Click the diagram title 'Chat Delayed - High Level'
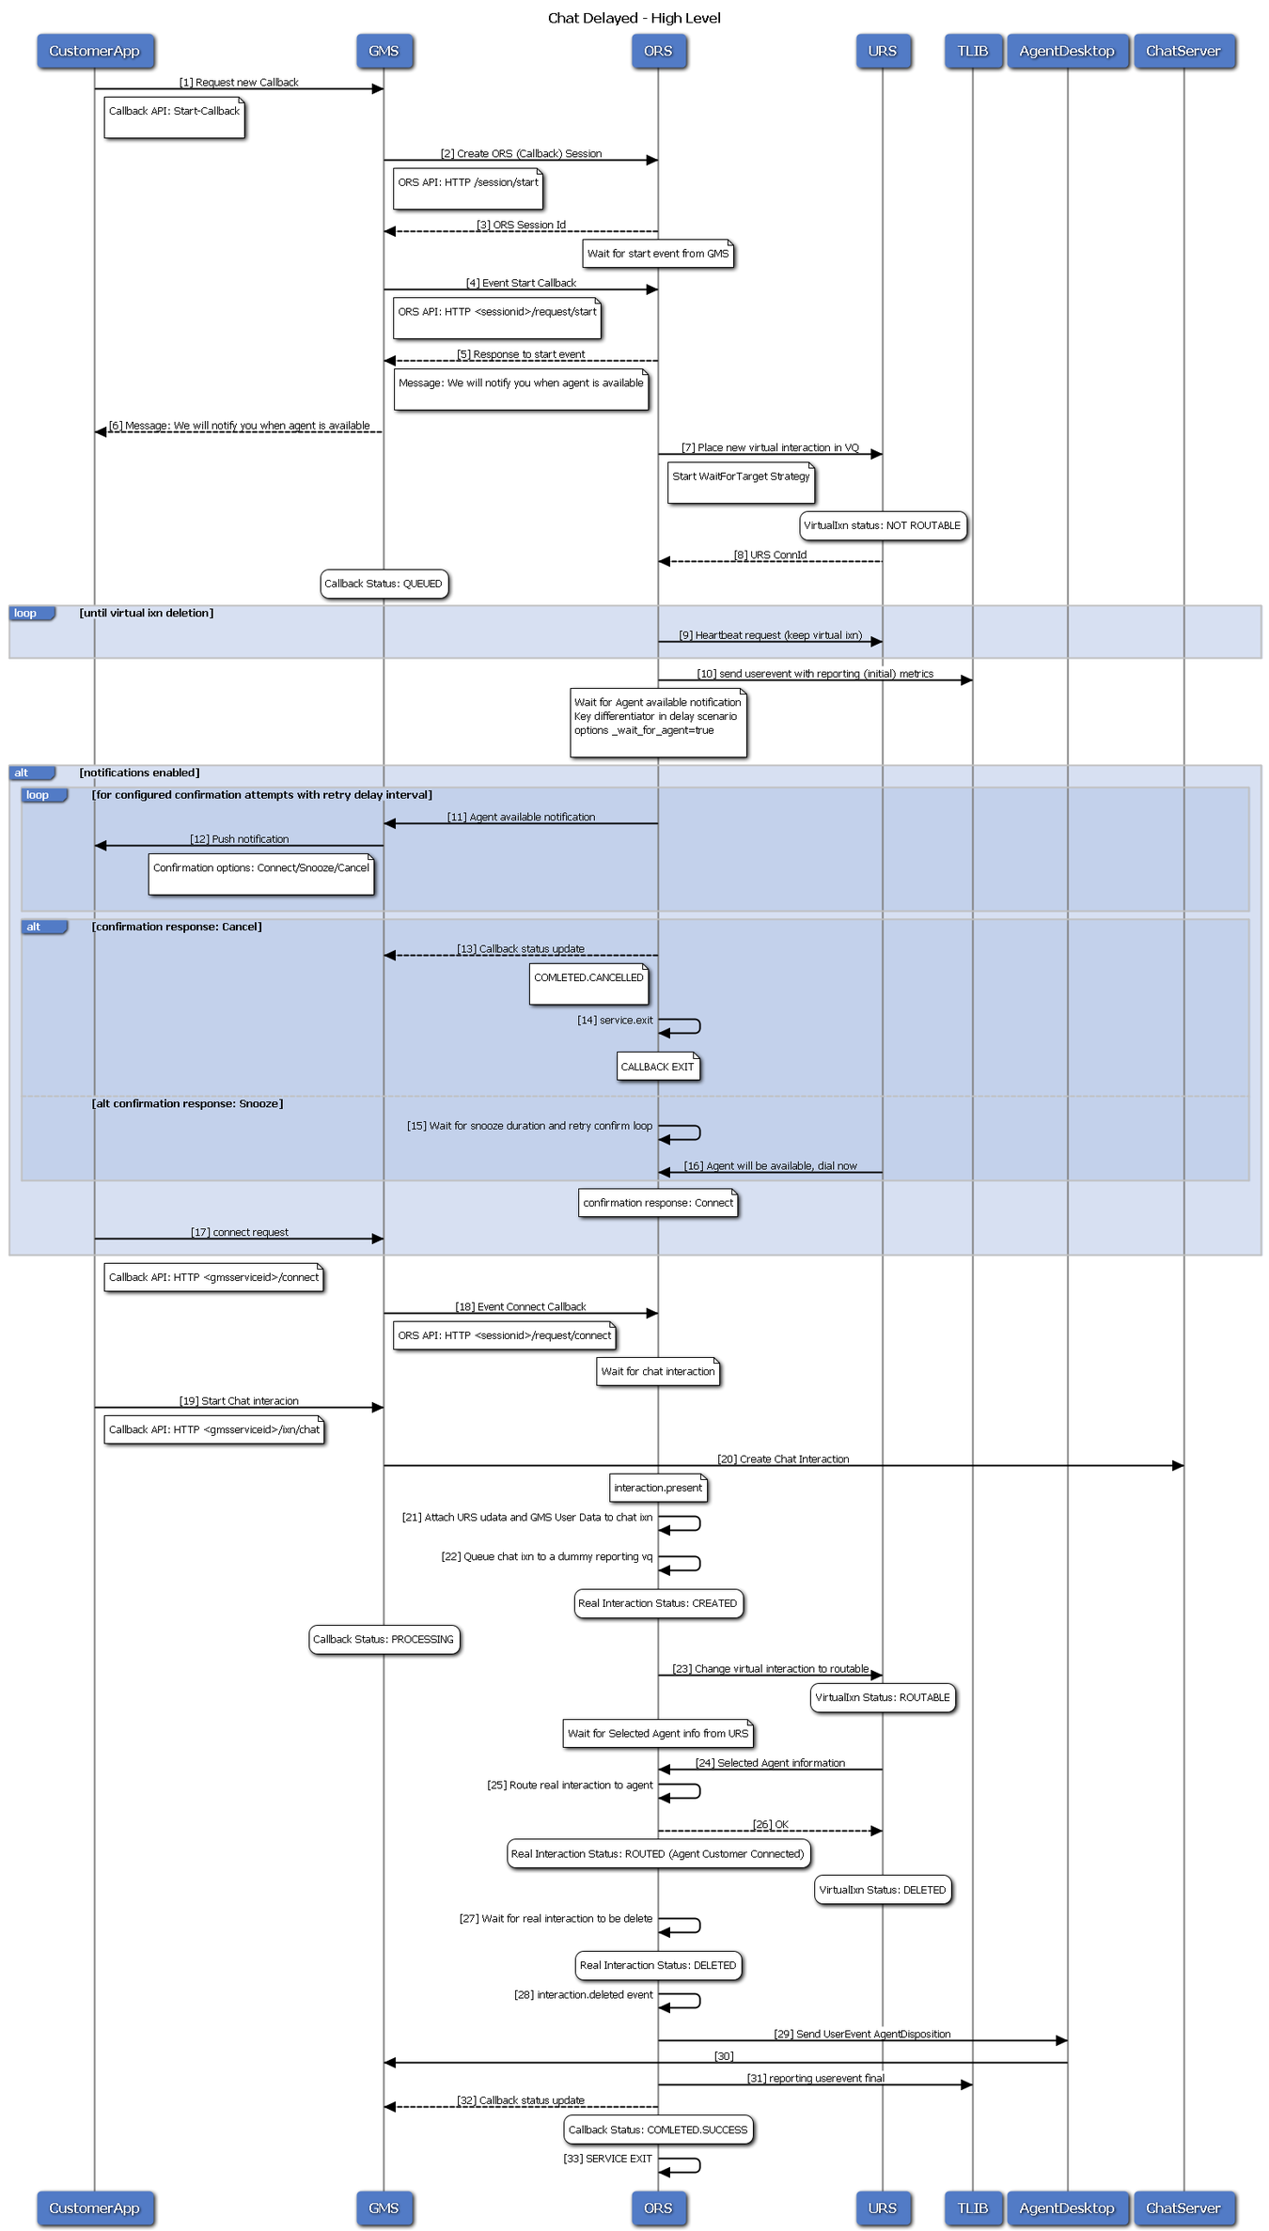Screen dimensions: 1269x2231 (634, 18)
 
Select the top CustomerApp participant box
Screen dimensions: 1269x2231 (95, 51)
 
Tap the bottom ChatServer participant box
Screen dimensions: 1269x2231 (1183, 2208)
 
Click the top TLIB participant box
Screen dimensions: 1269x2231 (973, 51)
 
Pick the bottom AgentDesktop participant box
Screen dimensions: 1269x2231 (1067, 2208)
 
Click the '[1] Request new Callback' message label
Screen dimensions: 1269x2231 (239, 83)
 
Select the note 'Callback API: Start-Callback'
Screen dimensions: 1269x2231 (174, 117)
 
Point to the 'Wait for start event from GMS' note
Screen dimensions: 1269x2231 (658, 254)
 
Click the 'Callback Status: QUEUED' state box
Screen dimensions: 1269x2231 (384, 584)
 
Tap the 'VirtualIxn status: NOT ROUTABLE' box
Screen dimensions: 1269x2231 (883, 525)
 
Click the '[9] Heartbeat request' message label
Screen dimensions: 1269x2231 (770, 635)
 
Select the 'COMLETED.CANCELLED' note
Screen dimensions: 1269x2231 (588, 984)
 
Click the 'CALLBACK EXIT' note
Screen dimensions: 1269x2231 (658, 1067)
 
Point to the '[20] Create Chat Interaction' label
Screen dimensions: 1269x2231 (783, 1459)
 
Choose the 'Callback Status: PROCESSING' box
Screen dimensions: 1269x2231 (384, 1639)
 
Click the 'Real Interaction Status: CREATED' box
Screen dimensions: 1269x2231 (658, 1603)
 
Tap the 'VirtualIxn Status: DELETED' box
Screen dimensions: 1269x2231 (883, 1890)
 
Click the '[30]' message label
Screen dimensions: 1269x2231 (724, 2056)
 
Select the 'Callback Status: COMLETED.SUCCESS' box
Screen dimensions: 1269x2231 (658, 2130)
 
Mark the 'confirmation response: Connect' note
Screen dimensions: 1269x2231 (658, 1203)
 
